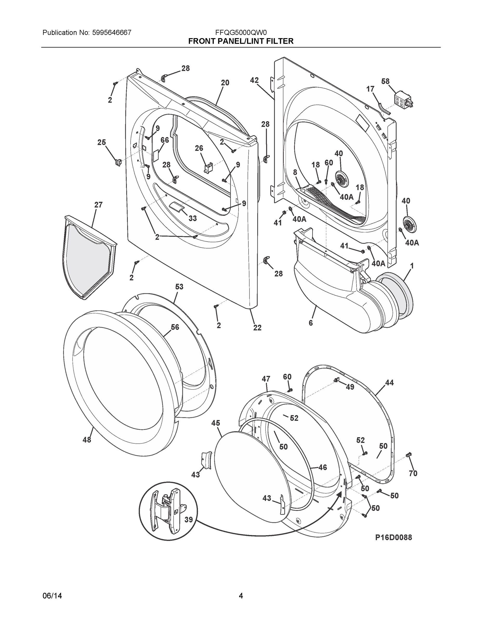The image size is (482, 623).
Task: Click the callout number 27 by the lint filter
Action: [x=98, y=205]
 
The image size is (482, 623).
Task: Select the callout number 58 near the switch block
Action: [x=385, y=82]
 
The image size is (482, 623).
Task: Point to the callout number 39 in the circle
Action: [x=188, y=520]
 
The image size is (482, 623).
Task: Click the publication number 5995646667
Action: [x=112, y=33]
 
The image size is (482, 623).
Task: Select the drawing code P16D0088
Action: [x=393, y=537]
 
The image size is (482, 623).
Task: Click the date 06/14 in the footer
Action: [x=52, y=596]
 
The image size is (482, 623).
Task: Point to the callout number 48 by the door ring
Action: [x=87, y=440]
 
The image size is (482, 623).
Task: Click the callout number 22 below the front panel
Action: [x=257, y=328]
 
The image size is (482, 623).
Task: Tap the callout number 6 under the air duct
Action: [x=311, y=323]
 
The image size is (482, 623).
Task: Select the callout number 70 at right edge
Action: [x=413, y=473]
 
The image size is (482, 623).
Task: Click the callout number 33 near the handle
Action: [x=193, y=219]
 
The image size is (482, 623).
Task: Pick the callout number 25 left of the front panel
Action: [x=102, y=142]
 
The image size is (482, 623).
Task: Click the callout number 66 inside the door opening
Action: [x=164, y=140]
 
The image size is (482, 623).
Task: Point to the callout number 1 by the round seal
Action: [x=412, y=266]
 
